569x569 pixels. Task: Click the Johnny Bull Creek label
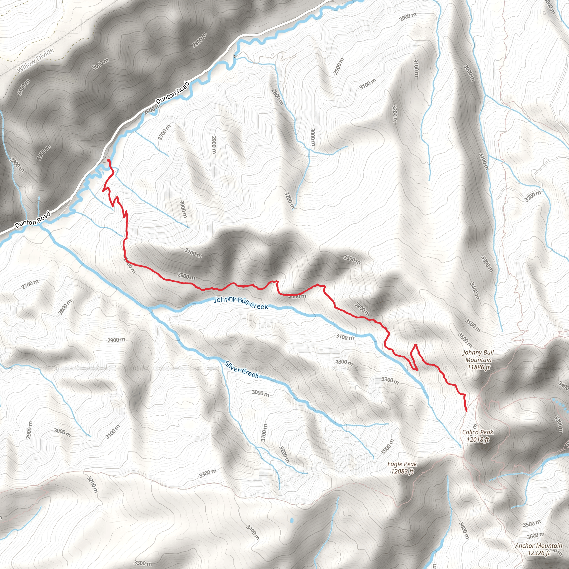(241, 303)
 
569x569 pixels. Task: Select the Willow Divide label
(36, 60)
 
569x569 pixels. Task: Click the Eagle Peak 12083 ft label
(402, 468)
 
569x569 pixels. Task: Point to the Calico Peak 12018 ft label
(477, 436)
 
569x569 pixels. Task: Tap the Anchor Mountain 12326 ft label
(538, 549)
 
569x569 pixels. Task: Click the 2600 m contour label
(152, 109)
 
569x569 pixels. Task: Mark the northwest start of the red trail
(109, 160)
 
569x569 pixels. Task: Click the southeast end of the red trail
(466, 411)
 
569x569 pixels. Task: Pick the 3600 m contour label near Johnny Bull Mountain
(465, 340)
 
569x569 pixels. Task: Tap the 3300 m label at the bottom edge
(143, 563)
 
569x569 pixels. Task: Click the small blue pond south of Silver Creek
(291, 520)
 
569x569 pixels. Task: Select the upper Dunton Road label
(173, 93)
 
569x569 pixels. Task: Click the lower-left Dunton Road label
(33, 220)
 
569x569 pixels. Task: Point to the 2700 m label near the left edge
(30, 284)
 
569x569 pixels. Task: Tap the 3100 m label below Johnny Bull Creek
(345, 337)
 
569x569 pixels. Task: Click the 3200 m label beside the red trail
(362, 309)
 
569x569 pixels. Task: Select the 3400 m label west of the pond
(253, 532)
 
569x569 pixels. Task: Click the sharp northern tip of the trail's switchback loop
(416, 344)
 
